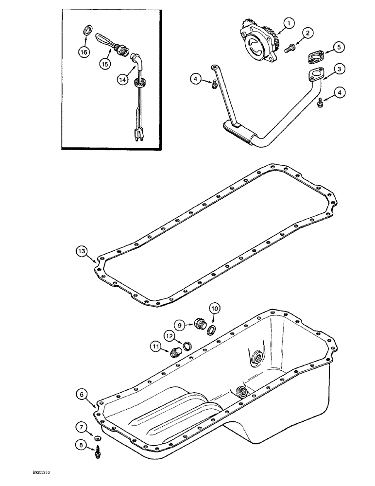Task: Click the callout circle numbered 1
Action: pos(289,22)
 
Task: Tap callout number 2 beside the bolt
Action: pos(307,34)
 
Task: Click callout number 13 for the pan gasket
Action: pos(83,251)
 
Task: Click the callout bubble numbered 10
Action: pos(215,308)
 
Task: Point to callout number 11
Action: pos(155,347)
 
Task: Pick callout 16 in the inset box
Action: pos(84,52)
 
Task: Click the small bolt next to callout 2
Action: pos(290,48)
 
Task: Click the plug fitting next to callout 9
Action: pos(199,323)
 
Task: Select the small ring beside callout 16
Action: pos(88,32)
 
